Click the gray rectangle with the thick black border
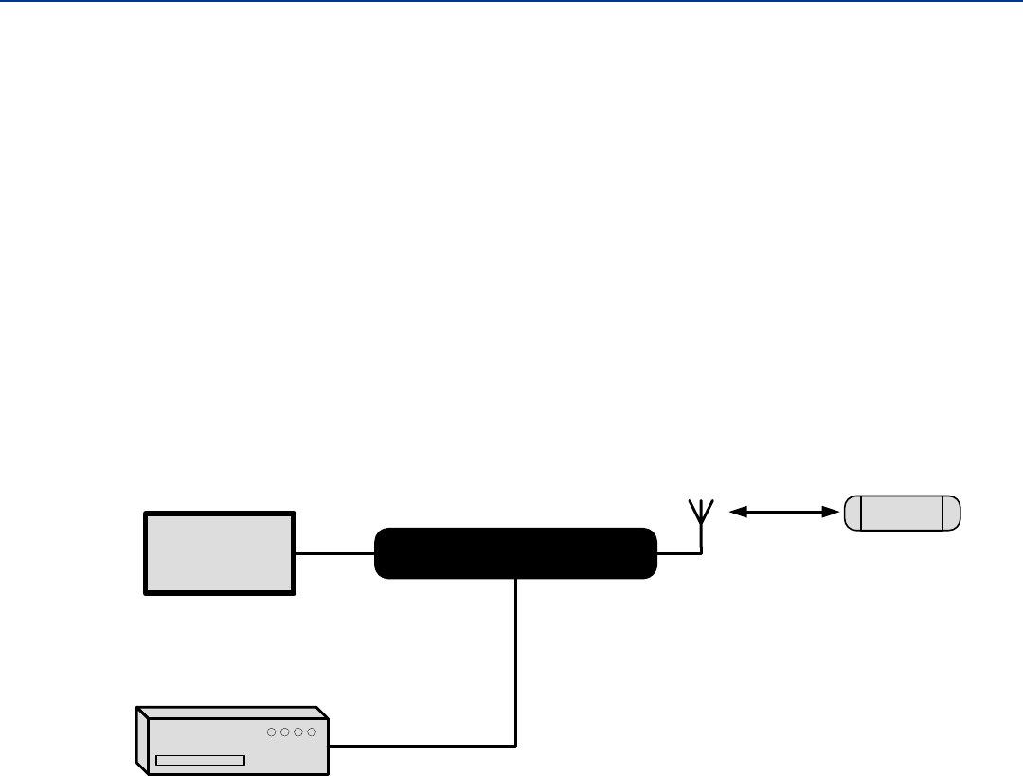pyautogui.click(x=219, y=553)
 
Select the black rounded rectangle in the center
pyautogui.click(x=515, y=553)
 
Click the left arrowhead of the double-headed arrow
pyautogui.click(x=735, y=512)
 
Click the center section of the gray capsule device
pyautogui.click(x=902, y=512)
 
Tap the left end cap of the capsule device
pyautogui.click(x=853, y=512)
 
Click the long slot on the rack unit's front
pyautogui.click(x=200, y=760)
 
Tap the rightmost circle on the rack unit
pyautogui.click(x=311, y=732)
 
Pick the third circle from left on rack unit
pyautogui.click(x=297, y=732)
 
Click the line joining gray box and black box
pyautogui.click(x=335, y=553)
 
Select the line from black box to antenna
pyautogui.click(x=678, y=553)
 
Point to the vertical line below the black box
pyautogui.click(x=516, y=663)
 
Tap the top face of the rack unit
pyautogui.click(x=232, y=713)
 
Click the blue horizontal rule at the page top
pyautogui.click(x=511, y=1)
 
